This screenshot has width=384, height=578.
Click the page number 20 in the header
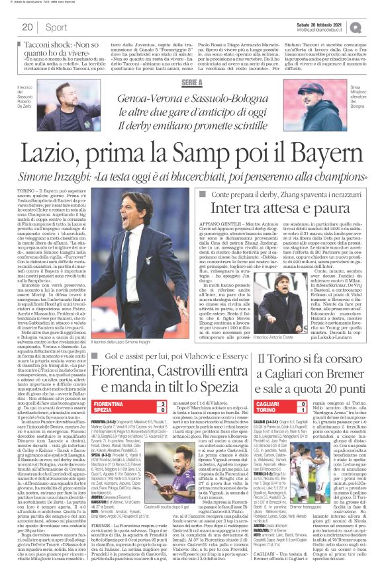[27, 27]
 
